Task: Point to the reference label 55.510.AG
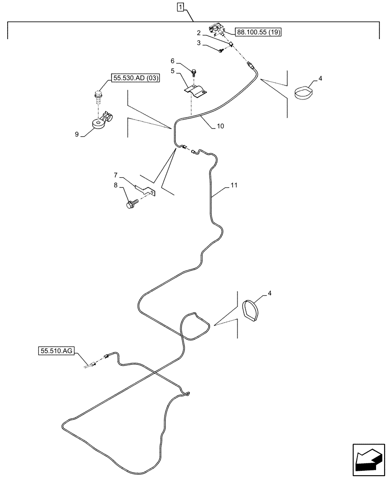[x=55, y=351]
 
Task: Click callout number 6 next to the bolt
[x=173, y=61]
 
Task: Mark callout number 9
[x=77, y=135]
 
